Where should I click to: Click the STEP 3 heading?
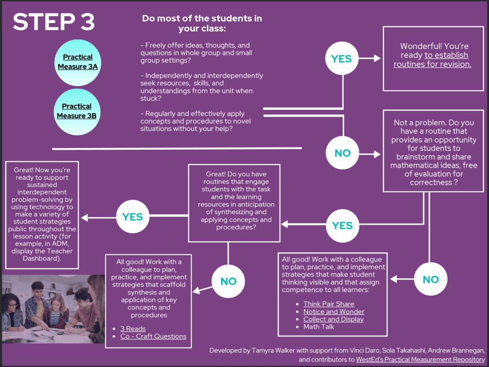tap(53, 22)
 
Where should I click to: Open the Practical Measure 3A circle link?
tap(78, 62)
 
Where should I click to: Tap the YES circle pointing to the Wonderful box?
tap(341, 59)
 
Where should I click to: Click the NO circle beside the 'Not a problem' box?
tap(342, 153)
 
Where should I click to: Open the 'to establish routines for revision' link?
tap(433, 60)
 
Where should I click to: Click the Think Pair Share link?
tap(329, 304)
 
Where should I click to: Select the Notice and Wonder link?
tap(334, 312)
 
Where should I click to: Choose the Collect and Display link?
tap(333, 319)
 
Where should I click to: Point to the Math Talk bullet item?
tap(319, 327)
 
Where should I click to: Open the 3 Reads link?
tap(133, 329)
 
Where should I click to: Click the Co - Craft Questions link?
tap(153, 336)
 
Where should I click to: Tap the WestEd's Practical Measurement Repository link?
tap(420, 359)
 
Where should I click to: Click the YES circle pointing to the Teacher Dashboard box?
tap(132, 217)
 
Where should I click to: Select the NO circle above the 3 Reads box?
tap(228, 281)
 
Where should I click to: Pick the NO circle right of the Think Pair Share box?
tap(430, 280)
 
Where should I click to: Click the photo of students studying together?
tap(53, 309)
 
